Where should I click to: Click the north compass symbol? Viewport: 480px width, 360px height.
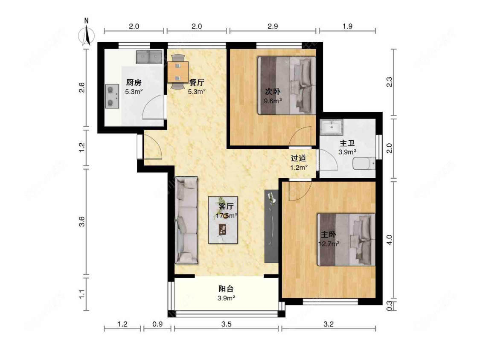[87, 34]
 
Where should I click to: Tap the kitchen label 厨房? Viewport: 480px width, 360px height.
[134, 83]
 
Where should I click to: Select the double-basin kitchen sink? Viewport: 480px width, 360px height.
[149, 57]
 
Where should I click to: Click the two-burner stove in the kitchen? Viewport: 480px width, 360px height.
[112, 97]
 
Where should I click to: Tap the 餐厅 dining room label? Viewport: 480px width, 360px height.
[196, 83]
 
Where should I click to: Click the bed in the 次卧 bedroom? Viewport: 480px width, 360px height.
[286, 86]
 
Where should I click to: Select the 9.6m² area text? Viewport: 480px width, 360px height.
[273, 101]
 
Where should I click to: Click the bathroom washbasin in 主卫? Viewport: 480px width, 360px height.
[332, 127]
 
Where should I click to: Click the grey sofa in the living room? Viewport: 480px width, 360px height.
[186, 221]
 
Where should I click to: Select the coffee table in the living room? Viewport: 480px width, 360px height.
[223, 220]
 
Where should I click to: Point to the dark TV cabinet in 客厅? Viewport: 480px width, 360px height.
[271, 226]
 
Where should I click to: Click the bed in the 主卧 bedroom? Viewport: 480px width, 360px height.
[346, 239]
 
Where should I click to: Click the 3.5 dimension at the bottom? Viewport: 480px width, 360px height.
[226, 324]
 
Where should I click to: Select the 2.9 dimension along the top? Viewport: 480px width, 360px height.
[273, 26]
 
